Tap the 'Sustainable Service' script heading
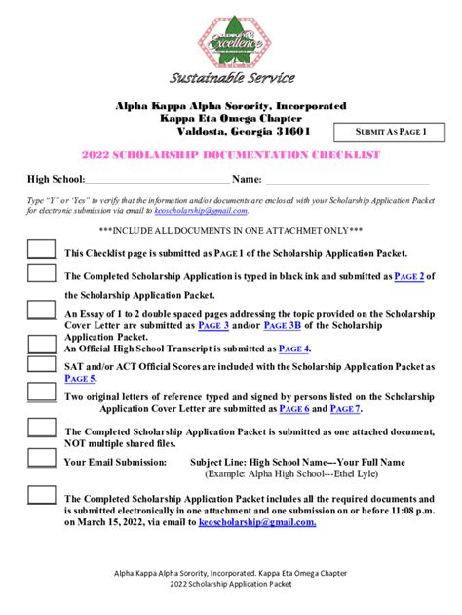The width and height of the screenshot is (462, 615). click(x=231, y=78)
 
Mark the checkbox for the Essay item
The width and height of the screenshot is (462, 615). click(x=41, y=310)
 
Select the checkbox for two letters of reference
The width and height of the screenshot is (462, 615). click(x=41, y=391)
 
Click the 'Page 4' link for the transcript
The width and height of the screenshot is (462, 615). click(x=293, y=348)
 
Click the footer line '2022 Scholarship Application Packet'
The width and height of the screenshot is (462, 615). click(x=230, y=584)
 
